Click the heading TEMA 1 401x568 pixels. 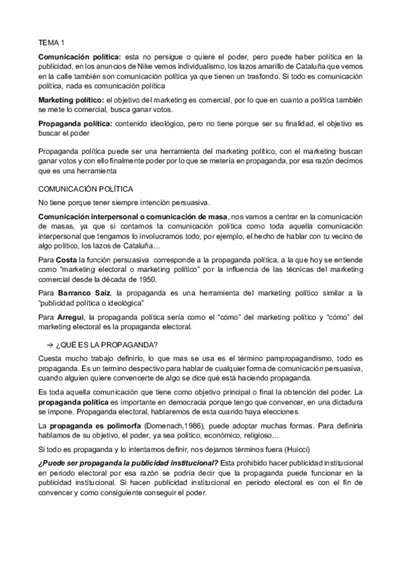click(x=50, y=42)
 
